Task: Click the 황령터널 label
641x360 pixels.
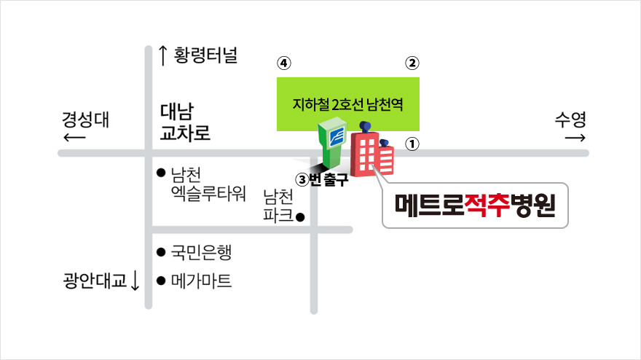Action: [205, 55]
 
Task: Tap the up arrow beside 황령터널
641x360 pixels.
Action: [162, 55]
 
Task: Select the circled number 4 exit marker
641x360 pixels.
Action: [284, 63]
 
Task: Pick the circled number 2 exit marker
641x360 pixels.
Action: [412, 63]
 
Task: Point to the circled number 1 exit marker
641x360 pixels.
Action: [412, 144]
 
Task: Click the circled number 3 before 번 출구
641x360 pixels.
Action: [302, 179]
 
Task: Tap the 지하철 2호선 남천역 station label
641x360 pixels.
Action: [348, 104]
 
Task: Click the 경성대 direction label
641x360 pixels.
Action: [85, 120]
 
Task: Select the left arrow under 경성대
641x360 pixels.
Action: [74, 138]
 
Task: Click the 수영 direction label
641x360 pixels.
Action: [570, 120]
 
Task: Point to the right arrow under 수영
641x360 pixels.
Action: [575, 138]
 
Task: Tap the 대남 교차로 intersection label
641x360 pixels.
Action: [185, 122]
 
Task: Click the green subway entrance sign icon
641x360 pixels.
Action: [332, 142]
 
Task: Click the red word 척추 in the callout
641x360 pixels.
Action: [487, 205]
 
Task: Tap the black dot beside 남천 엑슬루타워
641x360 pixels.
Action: [161, 173]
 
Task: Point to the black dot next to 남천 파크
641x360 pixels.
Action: [300, 217]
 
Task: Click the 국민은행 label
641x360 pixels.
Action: [201, 252]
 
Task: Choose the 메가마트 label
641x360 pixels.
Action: [201, 281]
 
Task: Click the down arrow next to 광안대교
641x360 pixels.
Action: [135, 281]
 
